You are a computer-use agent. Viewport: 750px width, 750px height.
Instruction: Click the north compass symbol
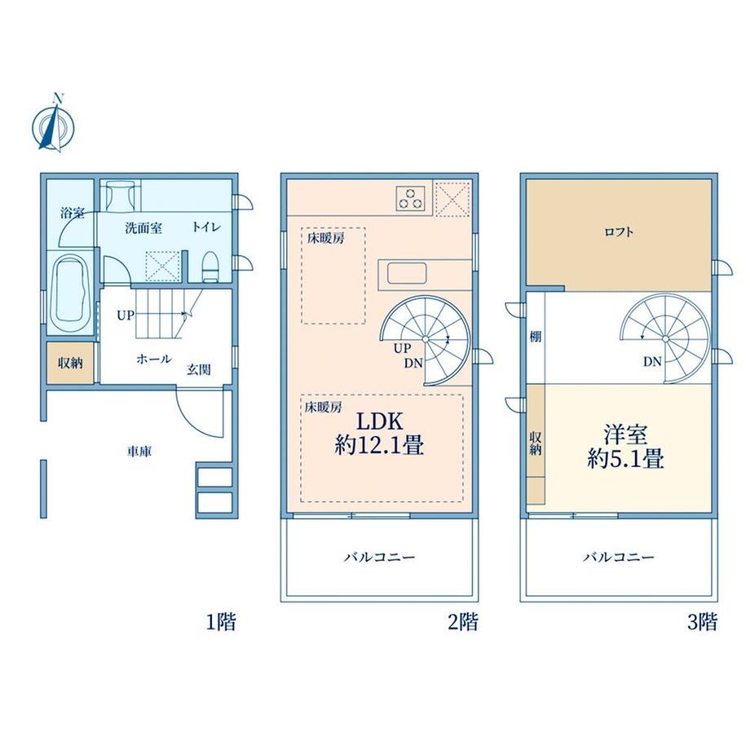[54, 125]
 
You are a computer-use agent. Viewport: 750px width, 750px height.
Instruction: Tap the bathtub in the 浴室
[71, 291]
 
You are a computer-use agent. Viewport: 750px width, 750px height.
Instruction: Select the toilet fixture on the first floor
[210, 267]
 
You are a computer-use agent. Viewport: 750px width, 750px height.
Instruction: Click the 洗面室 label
[143, 228]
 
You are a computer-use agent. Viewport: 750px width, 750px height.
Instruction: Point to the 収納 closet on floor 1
[70, 363]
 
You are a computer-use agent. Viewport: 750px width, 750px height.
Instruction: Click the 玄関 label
[198, 369]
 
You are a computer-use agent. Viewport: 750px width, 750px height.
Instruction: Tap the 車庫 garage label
[139, 451]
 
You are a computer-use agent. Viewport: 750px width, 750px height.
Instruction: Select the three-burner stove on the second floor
[410, 197]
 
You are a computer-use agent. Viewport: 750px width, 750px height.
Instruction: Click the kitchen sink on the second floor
[407, 274]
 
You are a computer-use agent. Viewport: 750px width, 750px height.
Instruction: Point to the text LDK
[380, 421]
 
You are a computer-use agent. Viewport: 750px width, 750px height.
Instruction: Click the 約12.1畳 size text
[379, 446]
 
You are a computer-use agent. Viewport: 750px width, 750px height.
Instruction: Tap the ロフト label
[619, 232]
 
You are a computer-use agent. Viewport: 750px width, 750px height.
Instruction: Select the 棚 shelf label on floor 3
[536, 337]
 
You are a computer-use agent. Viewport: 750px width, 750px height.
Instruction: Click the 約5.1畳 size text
[625, 459]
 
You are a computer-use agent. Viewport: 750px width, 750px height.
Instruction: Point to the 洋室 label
[625, 435]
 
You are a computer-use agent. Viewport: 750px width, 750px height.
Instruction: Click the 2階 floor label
[463, 622]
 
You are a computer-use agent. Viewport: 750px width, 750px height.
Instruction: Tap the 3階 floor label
[703, 622]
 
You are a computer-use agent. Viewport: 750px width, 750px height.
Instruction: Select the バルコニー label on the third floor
[619, 558]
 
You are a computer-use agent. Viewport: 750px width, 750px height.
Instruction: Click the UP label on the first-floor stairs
[126, 315]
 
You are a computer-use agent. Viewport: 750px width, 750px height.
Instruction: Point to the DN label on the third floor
[652, 362]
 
